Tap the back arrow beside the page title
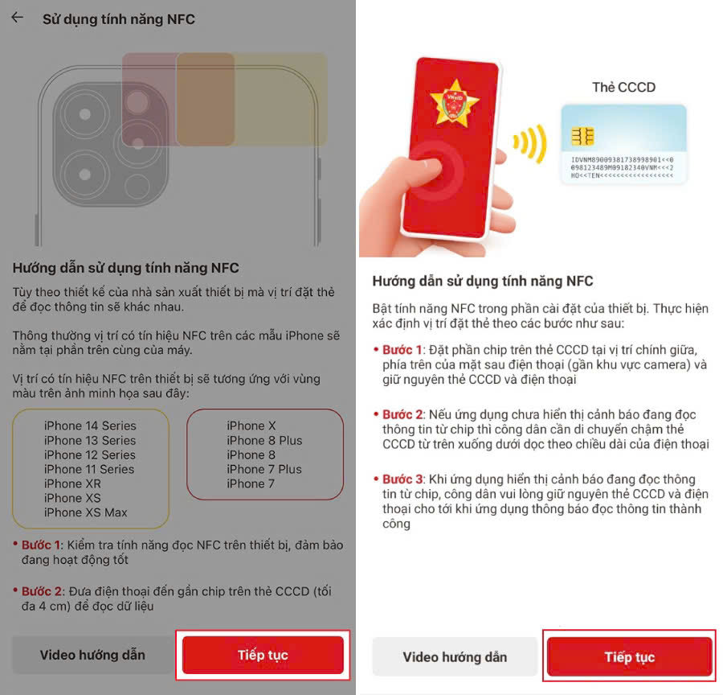pos(17,18)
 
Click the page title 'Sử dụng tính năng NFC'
pos(118,19)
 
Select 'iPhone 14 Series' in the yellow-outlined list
pos(90,426)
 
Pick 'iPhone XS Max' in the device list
pos(85,512)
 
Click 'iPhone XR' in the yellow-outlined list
pos(72,483)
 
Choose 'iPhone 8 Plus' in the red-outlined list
pos(263,440)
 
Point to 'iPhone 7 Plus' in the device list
pos(263,469)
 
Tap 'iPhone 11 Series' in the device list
pos(89,469)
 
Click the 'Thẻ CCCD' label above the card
pos(623,88)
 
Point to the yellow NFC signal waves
pos(529,143)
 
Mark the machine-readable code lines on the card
pos(623,166)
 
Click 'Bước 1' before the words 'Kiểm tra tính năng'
pos(42,545)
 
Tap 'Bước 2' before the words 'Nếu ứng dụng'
pos(402,414)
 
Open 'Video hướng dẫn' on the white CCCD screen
pos(455,657)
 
